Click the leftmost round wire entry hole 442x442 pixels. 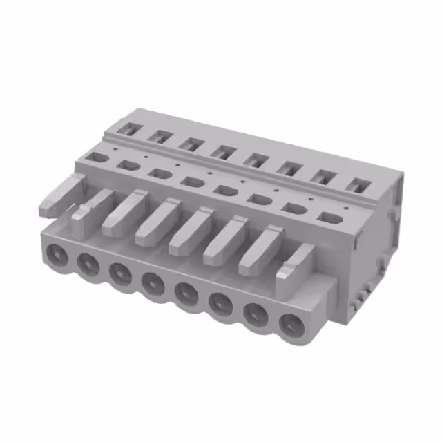point(57,253)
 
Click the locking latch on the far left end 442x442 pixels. point(60,194)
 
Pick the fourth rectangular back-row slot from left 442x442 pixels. point(222,151)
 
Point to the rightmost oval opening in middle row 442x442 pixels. point(329,217)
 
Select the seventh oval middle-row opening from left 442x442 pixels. point(294,208)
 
